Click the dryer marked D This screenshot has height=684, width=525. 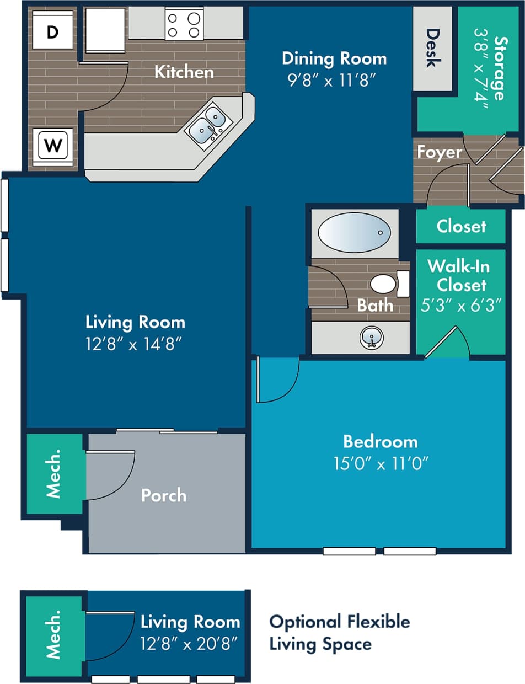click(52, 33)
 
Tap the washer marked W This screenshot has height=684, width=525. click(53, 146)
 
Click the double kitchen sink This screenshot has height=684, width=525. click(207, 126)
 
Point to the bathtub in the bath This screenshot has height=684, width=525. click(355, 232)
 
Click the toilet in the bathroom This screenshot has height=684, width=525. click(388, 284)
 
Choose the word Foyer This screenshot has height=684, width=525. click(439, 152)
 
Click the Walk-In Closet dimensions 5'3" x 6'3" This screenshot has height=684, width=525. click(461, 306)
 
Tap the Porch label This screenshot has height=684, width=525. click(164, 495)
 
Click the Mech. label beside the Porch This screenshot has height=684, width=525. click(53, 474)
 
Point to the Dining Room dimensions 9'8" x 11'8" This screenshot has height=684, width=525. click(333, 81)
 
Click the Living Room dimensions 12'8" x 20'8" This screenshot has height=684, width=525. click(190, 643)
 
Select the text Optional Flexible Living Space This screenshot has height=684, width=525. click(339, 632)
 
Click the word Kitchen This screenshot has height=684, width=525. click(184, 72)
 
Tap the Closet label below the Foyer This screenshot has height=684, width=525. click(461, 226)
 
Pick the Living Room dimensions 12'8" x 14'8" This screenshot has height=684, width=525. click(135, 343)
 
